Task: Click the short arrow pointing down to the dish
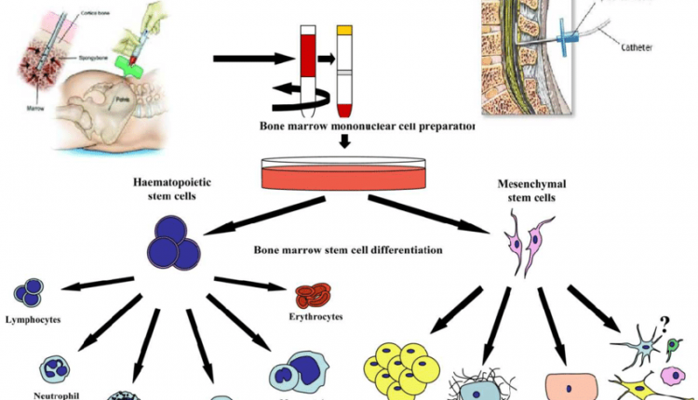[343, 141]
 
